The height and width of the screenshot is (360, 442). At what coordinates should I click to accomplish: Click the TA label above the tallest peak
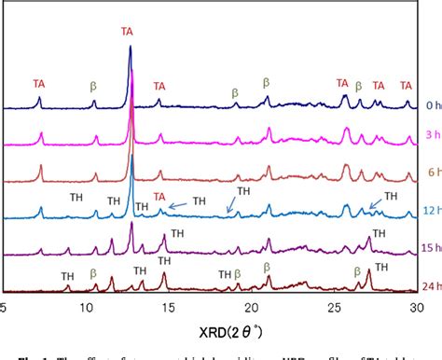[x=127, y=31]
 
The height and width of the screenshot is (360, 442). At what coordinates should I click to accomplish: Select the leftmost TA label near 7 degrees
[x=39, y=82]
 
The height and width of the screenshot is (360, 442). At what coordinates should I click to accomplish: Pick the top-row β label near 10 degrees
[x=93, y=86]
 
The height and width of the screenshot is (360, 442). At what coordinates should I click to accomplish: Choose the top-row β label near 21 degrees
[x=266, y=82]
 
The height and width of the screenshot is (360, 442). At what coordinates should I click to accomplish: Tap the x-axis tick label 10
[x=86, y=305]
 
